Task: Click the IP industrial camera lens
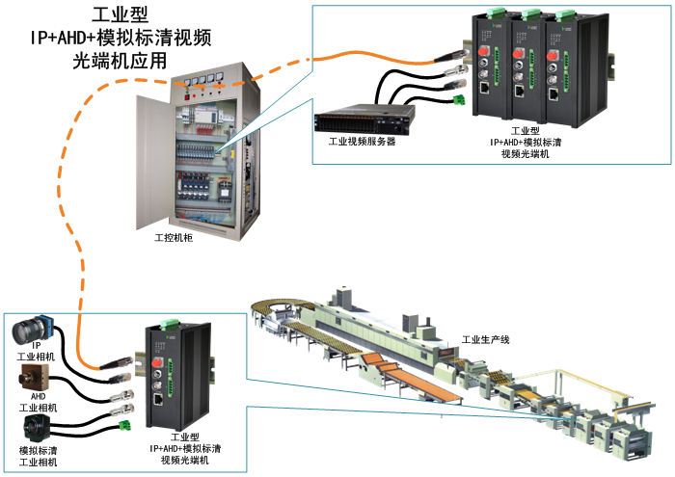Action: [x=22, y=334]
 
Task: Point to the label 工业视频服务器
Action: [x=362, y=141]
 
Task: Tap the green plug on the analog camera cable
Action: [x=124, y=423]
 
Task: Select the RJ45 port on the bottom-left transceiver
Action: [x=157, y=396]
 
